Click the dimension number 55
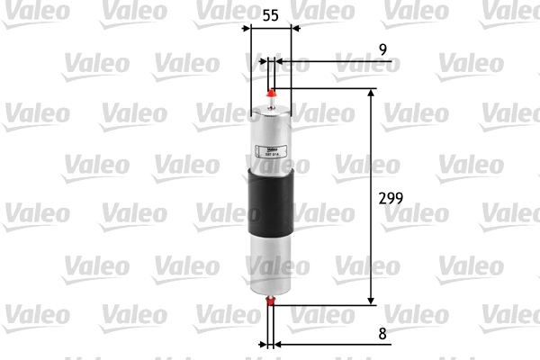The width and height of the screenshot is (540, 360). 271,15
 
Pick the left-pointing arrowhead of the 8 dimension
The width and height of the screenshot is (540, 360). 279,344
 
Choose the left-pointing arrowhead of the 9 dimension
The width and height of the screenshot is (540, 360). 280,62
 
